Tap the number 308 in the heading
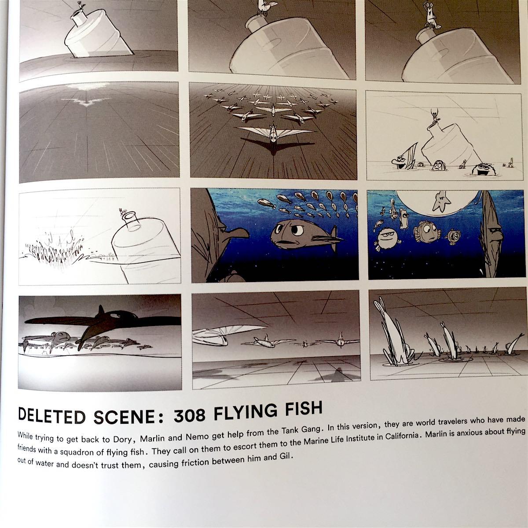190,414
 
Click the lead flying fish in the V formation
274,133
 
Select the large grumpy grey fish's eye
297,231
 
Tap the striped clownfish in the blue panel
427,231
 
